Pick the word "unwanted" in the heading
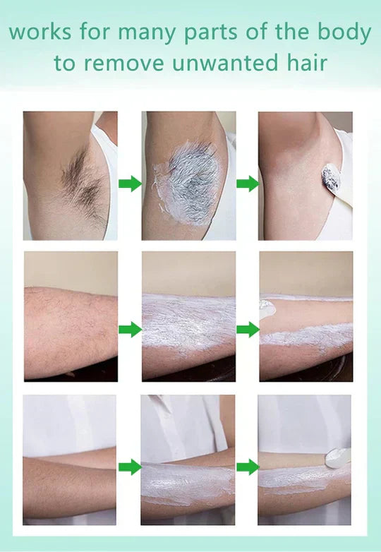[x=222, y=64]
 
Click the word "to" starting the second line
[x=64, y=64]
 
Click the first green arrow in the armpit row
[x=130, y=184]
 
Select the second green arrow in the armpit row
[x=247, y=184]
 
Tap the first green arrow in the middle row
[x=130, y=329]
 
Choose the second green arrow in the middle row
[x=247, y=329]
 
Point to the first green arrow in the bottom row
[x=130, y=467]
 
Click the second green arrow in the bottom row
[x=247, y=467]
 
